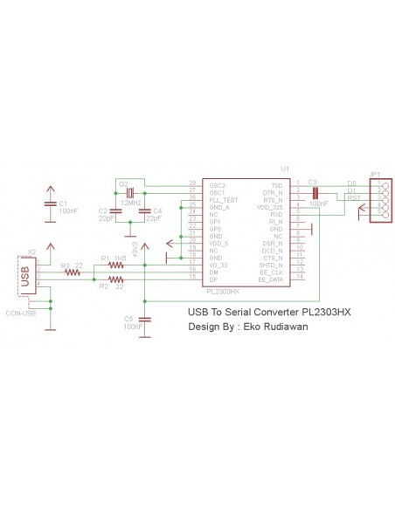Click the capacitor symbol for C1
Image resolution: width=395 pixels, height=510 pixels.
(x=51, y=204)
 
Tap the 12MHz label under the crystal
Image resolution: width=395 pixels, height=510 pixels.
(x=132, y=203)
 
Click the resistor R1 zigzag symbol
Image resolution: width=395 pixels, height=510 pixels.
(x=114, y=265)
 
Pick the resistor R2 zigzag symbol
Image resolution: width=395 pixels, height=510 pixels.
(x=114, y=279)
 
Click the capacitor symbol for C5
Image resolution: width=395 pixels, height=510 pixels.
(x=145, y=320)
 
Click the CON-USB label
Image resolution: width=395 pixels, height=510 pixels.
(x=21, y=313)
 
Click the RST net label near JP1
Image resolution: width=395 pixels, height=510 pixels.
(x=353, y=198)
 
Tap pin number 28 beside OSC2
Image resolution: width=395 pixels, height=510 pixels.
(x=192, y=185)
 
